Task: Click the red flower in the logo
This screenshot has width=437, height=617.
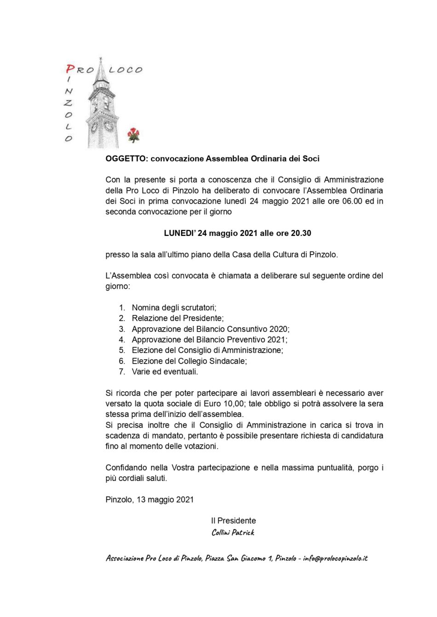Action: click(133, 134)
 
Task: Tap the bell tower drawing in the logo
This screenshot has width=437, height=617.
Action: click(100, 108)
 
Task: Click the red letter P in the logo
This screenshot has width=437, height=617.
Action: click(70, 69)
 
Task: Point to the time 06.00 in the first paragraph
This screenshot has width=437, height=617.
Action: click(352, 201)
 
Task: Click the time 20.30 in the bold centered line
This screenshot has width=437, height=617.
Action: click(301, 233)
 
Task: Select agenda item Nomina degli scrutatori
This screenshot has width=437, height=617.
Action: click(174, 308)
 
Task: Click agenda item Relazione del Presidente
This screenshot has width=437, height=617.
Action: click(178, 318)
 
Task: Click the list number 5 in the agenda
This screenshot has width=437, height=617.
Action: click(121, 350)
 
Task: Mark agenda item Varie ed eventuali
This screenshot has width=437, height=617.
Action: click(165, 371)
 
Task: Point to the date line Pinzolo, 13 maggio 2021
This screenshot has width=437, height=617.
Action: click(149, 500)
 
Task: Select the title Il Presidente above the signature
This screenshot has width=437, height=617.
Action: click(233, 521)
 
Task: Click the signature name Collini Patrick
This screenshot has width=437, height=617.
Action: click(233, 532)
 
